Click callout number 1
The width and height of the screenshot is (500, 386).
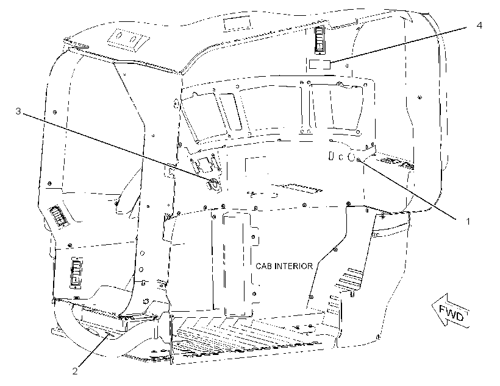click(468, 222)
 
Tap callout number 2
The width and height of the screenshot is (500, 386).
click(75, 371)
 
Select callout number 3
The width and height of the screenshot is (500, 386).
click(18, 111)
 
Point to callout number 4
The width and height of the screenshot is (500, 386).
click(479, 26)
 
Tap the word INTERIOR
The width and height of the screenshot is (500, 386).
click(294, 266)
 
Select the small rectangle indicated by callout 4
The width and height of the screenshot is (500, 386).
click(320, 65)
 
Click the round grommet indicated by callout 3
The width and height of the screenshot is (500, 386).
click(213, 184)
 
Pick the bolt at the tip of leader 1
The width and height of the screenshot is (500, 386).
click(359, 160)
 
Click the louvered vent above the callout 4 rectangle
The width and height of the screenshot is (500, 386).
click(320, 38)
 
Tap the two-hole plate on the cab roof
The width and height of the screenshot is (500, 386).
click(128, 40)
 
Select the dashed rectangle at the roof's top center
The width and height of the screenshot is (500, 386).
click(237, 24)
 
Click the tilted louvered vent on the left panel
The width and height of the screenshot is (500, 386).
click(59, 217)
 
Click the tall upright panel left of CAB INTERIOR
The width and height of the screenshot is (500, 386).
click(238, 264)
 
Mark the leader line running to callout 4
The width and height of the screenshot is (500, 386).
click(398, 45)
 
